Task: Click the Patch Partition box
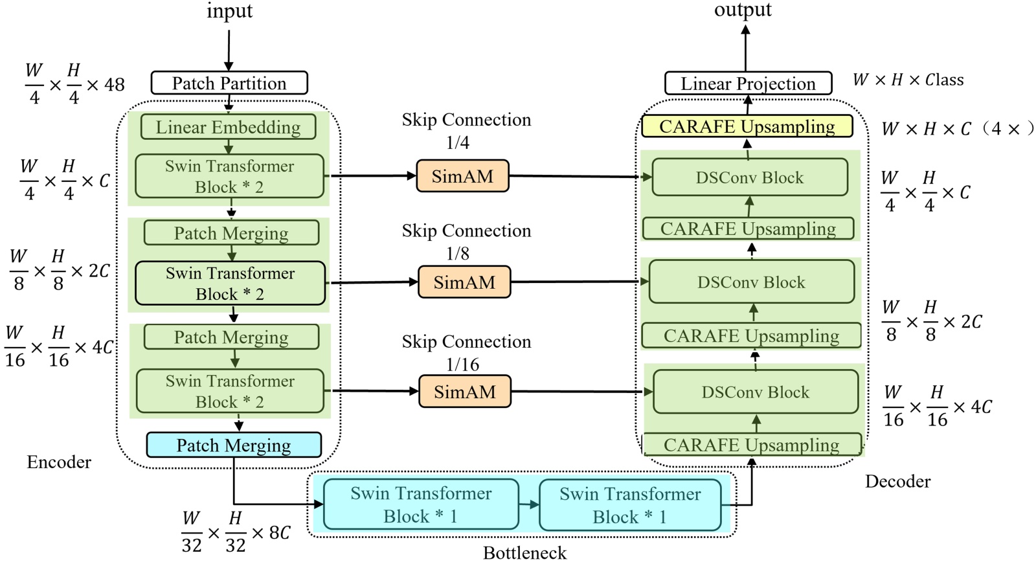click(229, 84)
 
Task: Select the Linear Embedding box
click(228, 127)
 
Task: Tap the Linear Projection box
click(748, 84)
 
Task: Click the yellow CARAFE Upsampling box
click(747, 126)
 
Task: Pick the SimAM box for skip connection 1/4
click(462, 176)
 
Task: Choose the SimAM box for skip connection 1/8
click(464, 282)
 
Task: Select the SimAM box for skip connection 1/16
click(465, 392)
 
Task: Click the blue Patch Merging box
click(234, 446)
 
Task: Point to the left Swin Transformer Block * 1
click(421, 505)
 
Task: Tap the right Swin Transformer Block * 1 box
click(630, 506)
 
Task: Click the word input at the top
click(229, 12)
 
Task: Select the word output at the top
click(743, 10)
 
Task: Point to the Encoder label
click(59, 462)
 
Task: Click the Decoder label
click(897, 482)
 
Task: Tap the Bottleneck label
click(524, 553)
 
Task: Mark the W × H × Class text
click(908, 80)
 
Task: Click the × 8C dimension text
click(271, 533)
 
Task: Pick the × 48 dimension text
click(106, 85)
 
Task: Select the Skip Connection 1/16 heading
click(466, 352)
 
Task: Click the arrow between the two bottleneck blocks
click(529, 505)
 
